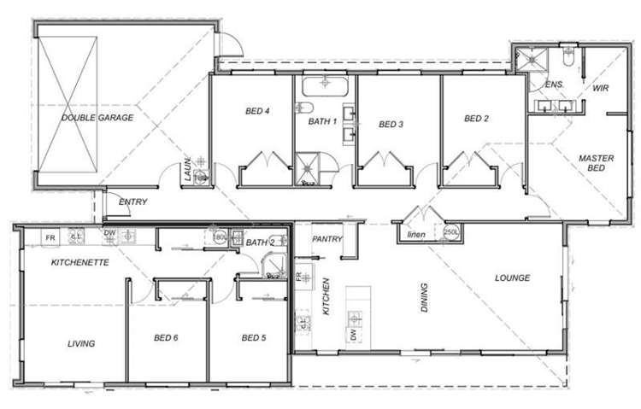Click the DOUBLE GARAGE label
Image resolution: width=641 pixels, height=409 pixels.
(97, 118)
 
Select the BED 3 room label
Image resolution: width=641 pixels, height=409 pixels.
(391, 125)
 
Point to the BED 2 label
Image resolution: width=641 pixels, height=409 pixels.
(476, 119)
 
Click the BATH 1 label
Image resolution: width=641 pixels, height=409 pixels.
(323, 121)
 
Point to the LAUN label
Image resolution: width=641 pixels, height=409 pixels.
(186, 171)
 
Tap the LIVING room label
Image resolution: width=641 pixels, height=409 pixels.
(81, 344)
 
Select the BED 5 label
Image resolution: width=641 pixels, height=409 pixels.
(254, 338)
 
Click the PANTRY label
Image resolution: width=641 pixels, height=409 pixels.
(327, 239)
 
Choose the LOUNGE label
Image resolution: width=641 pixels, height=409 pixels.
(513, 278)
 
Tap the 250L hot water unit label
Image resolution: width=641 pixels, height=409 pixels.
(451, 232)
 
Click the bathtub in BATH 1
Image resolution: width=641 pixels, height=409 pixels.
(326, 85)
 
